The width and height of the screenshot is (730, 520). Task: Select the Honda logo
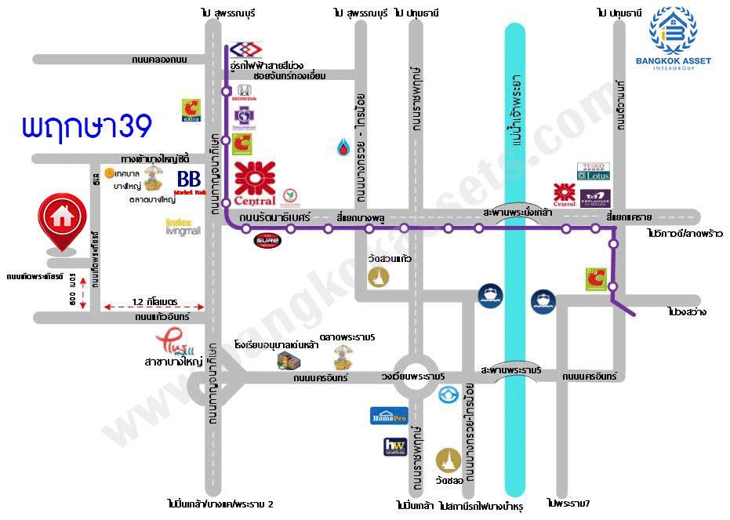pos(244,92)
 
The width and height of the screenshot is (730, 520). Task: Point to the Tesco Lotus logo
pos(593,172)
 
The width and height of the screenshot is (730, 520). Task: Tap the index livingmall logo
pos(183,227)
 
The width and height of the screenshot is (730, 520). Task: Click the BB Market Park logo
pos(189,183)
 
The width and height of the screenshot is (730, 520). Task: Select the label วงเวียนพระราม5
pos(413,377)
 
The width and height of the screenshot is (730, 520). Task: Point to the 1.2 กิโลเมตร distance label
pos(156,301)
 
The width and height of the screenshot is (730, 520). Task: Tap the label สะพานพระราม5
pos(511,369)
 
